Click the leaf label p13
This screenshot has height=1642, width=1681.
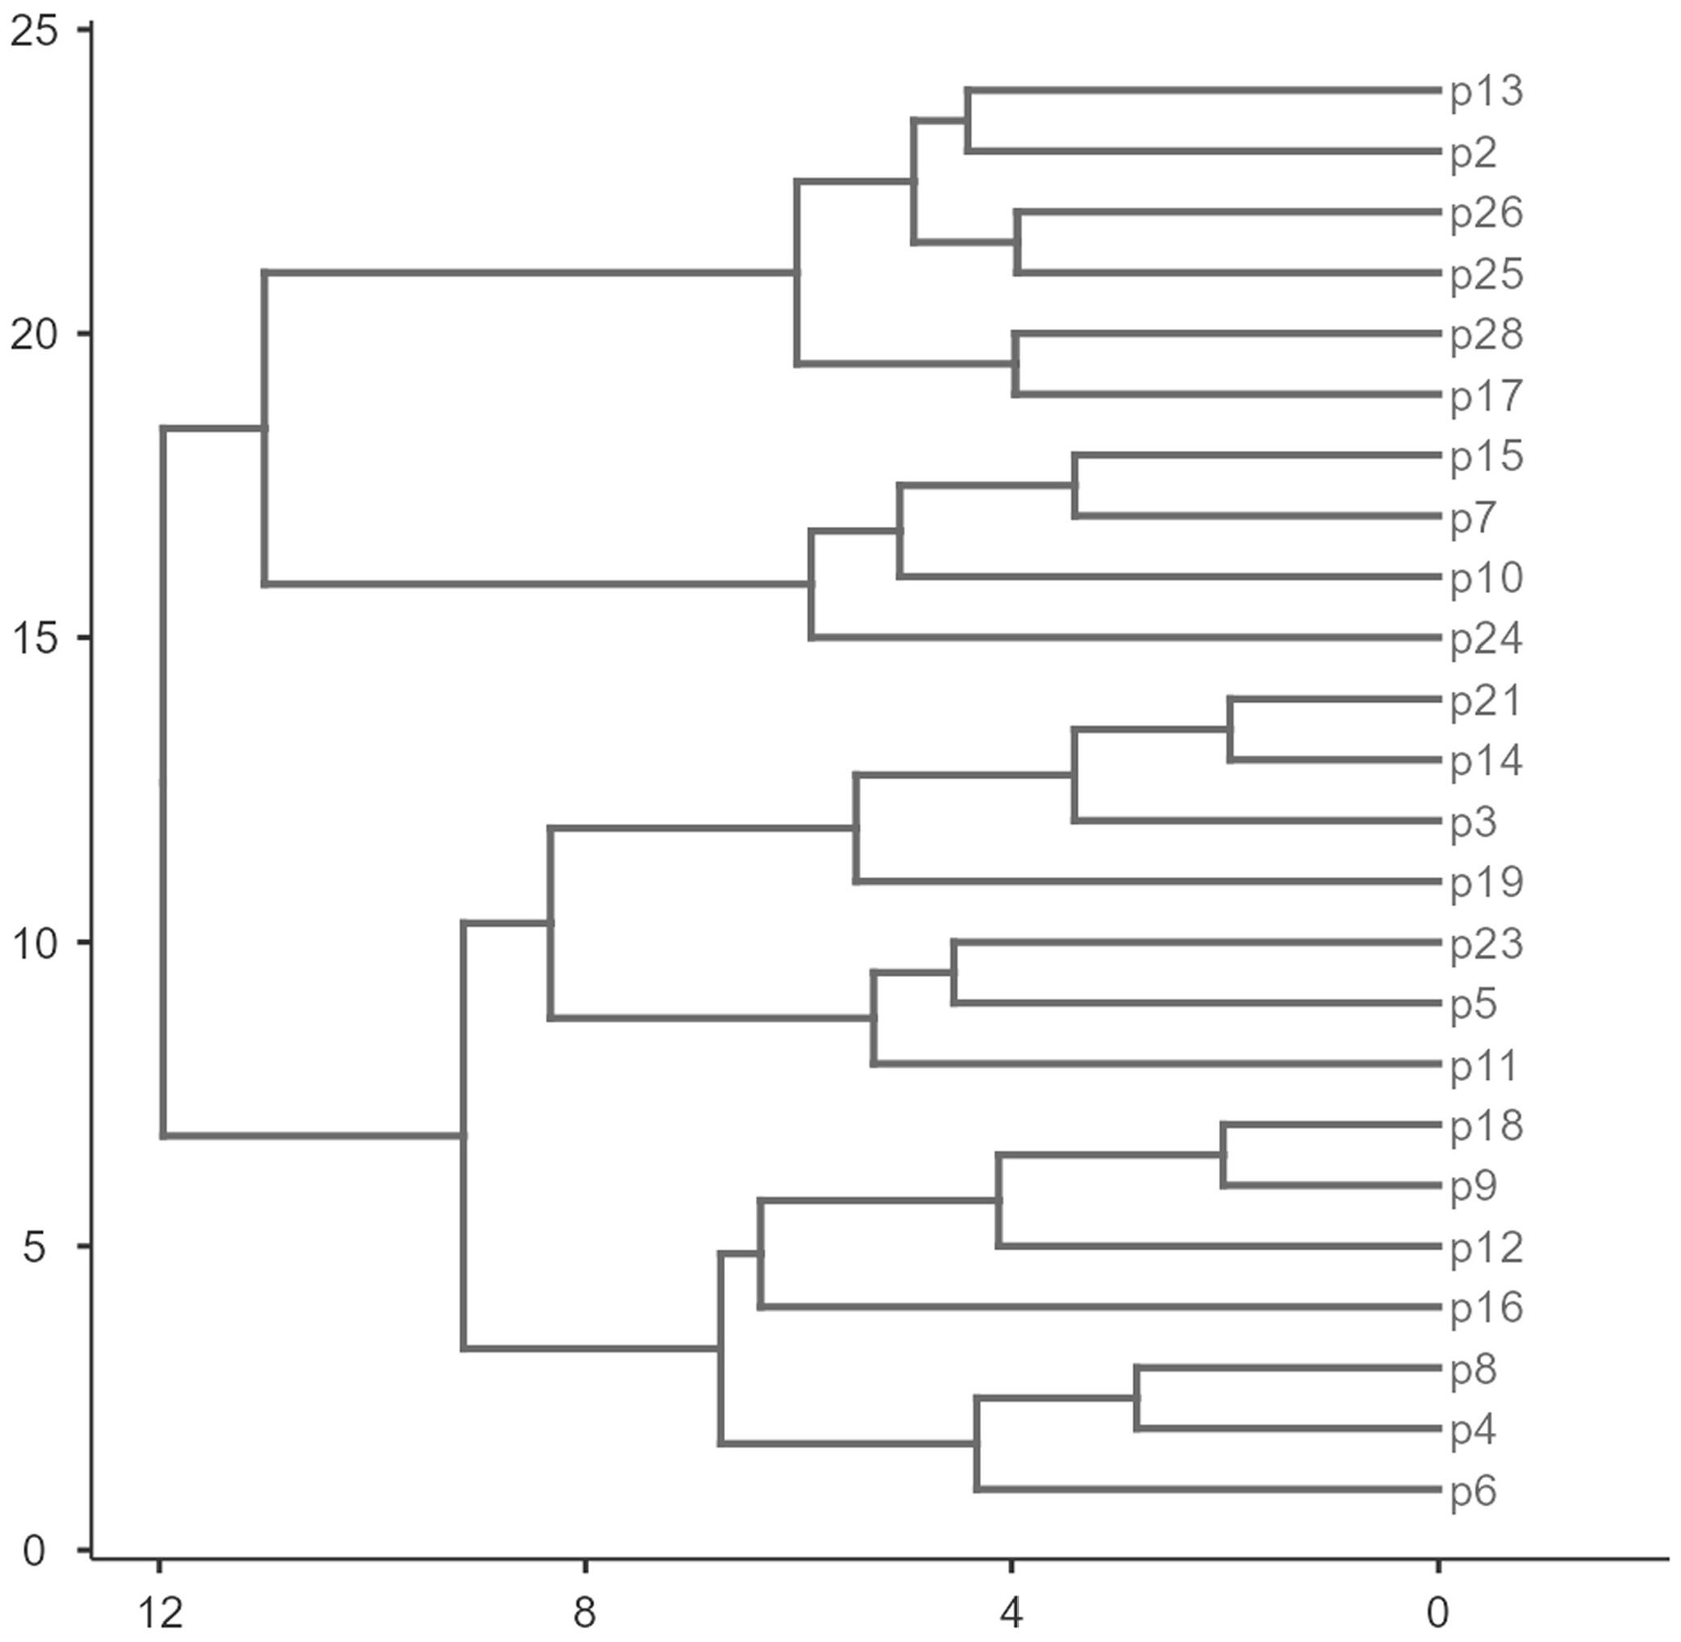[x=1486, y=91]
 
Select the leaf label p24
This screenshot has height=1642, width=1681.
[x=1486, y=639]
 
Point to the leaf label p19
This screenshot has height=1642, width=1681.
[x=1486, y=882]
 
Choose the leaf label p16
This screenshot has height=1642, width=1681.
[x=1486, y=1308]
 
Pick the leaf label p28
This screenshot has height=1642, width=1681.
[x=1486, y=335]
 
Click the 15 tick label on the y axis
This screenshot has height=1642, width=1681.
[x=35, y=639]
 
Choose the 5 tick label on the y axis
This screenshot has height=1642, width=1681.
[x=35, y=1247]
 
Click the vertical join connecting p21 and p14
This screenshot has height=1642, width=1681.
[x=1230, y=729]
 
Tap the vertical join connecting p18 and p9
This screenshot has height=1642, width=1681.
[x=1222, y=1155]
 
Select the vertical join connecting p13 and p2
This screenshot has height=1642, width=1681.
[x=967, y=120]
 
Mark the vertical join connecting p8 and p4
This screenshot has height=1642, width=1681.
[x=1137, y=1399]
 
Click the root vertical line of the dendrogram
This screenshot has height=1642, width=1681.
[x=163, y=781]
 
